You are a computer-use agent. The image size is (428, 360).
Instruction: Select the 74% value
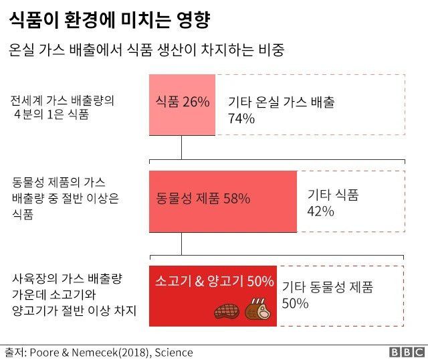pyautogui.click(x=241, y=119)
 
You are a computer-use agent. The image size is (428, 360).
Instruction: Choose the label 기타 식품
pyautogui.click(x=332, y=195)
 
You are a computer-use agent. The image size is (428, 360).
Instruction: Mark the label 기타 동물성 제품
pyautogui.click(x=327, y=287)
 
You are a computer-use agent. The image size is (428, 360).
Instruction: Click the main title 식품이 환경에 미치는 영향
pyautogui.click(x=111, y=19)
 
